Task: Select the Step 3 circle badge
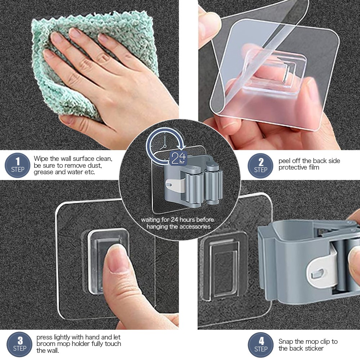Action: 19,344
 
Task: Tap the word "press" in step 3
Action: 44,337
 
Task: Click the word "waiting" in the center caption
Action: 151,220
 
